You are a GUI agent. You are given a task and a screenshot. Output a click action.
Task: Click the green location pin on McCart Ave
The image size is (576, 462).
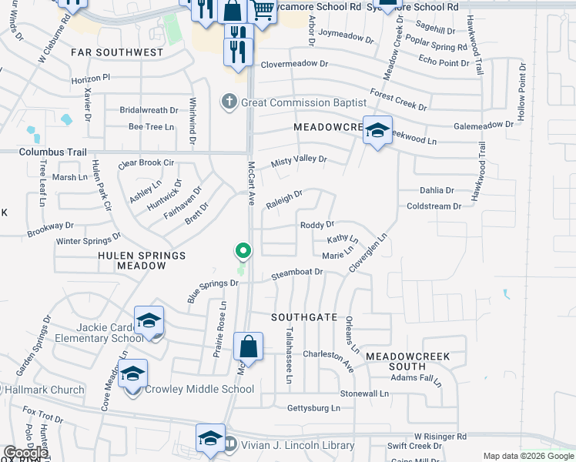(x=243, y=252)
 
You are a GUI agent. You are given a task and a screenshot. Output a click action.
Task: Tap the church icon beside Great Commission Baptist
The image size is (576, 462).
(x=229, y=102)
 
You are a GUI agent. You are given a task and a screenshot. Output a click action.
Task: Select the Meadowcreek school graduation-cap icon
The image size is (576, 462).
(x=377, y=131)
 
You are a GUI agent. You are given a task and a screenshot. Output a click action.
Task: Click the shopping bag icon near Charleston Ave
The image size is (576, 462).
(x=249, y=348)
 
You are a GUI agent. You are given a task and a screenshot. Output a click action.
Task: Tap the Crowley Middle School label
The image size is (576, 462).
(x=199, y=389)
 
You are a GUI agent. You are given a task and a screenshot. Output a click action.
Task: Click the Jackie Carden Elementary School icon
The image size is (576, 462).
(x=149, y=321)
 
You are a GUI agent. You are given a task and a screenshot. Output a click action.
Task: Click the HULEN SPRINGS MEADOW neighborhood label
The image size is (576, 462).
(x=142, y=260)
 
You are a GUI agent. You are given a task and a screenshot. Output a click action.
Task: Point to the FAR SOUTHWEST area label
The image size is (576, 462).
(x=117, y=52)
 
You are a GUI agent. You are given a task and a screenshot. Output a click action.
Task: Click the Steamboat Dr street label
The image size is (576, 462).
(x=296, y=272)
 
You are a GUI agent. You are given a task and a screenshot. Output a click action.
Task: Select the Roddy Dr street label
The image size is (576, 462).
(x=316, y=225)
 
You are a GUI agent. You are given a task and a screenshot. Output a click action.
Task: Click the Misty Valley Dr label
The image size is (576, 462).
(x=300, y=160)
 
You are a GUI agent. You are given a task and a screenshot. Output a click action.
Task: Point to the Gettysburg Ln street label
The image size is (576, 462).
(x=313, y=407)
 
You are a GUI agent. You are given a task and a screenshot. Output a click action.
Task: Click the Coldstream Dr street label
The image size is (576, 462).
(x=434, y=206)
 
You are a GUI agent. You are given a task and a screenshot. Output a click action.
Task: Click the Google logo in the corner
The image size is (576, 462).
(x=25, y=454)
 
